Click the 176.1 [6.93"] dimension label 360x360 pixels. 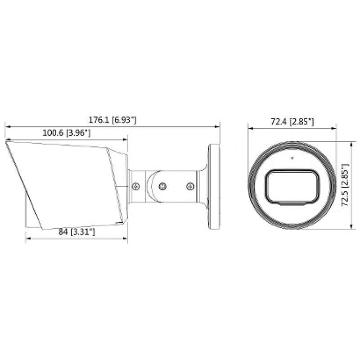112,120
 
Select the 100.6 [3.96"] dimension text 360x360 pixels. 67,133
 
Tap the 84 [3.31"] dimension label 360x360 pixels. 76,232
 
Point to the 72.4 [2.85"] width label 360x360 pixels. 292,121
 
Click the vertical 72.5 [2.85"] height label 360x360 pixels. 345,185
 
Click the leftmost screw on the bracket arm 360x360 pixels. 136,186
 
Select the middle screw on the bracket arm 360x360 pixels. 162,186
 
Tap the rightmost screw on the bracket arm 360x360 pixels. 190,186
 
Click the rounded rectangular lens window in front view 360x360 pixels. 292,186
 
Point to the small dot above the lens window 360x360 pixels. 292,158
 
